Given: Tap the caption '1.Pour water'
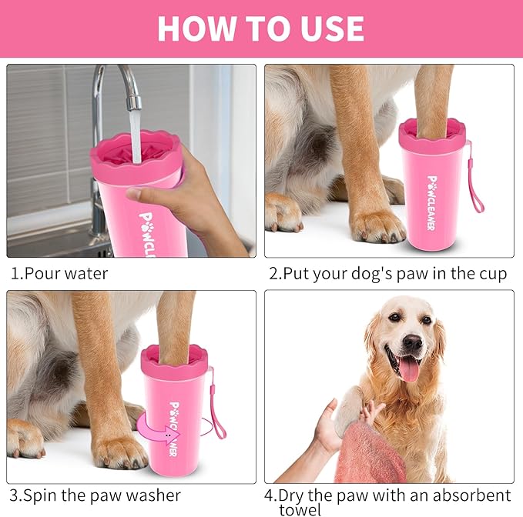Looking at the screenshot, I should pos(59,273).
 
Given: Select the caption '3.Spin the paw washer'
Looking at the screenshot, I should pos(96,495).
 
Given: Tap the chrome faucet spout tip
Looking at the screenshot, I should pos(133,102).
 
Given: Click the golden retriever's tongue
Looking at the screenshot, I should pos(407,368).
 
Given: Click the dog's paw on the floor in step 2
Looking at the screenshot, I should pos(376,225).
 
